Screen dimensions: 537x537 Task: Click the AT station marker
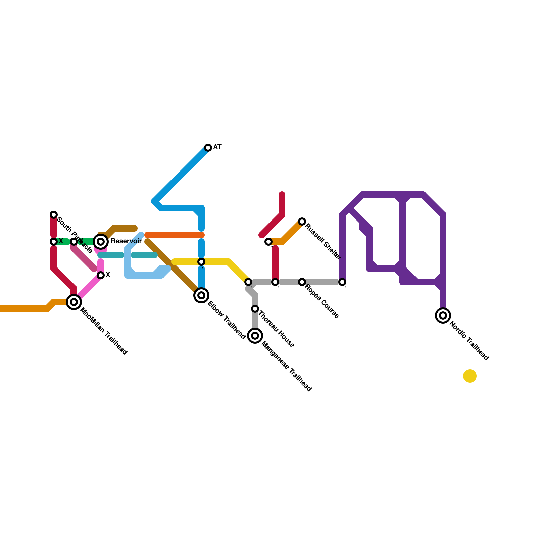click(x=208, y=148)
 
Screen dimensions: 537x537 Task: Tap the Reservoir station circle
click(x=101, y=242)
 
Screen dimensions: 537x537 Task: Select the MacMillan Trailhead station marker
click(x=74, y=302)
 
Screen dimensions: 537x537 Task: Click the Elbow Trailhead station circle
click(x=201, y=295)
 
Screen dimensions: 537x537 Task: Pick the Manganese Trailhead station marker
click(x=255, y=336)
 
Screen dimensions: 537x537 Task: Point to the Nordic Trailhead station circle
click(x=443, y=315)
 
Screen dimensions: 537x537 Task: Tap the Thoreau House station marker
click(x=255, y=309)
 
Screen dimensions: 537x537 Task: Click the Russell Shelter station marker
click(x=302, y=222)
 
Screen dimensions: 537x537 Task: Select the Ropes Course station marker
click(x=302, y=282)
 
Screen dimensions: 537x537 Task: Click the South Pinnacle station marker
click(x=54, y=215)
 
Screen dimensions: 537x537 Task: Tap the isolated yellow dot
click(x=470, y=376)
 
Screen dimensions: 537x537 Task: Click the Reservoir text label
click(x=126, y=241)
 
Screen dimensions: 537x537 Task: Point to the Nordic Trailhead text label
click(x=469, y=341)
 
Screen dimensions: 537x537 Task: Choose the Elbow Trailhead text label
click(x=227, y=320)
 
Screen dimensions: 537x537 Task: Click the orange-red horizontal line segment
click(x=175, y=235)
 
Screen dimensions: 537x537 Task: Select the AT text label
click(x=217, y=147)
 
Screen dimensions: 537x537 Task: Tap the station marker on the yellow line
click(x=201, y=262)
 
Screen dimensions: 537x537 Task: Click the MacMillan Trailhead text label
click(x=104, y=331)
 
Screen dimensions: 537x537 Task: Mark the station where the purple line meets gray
click(x=342, y=282)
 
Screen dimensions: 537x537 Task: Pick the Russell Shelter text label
click(x=323, y=241)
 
